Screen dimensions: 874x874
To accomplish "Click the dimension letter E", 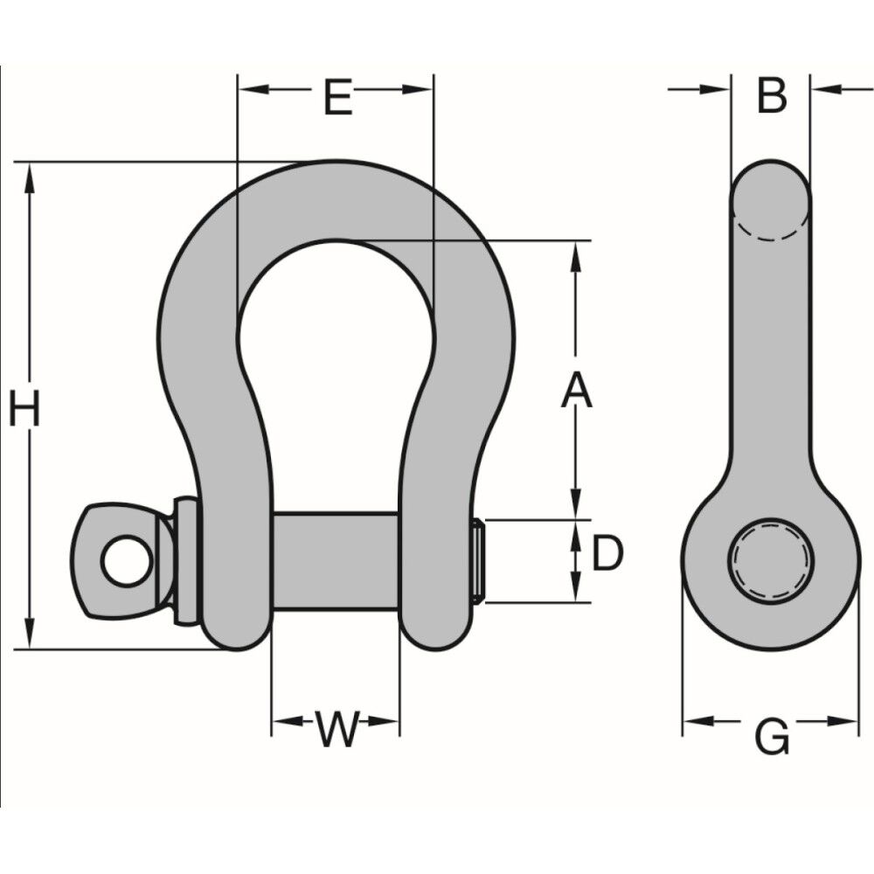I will point(337,97).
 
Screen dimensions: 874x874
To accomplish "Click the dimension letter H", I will point(24,409).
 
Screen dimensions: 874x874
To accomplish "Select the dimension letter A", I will point(576,390).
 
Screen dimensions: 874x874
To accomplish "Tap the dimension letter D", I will point(607,554).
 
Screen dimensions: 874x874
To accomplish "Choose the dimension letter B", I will point(772,95).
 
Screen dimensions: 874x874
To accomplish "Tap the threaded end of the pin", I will point(477,561).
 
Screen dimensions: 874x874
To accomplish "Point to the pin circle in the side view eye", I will point(771,561).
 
